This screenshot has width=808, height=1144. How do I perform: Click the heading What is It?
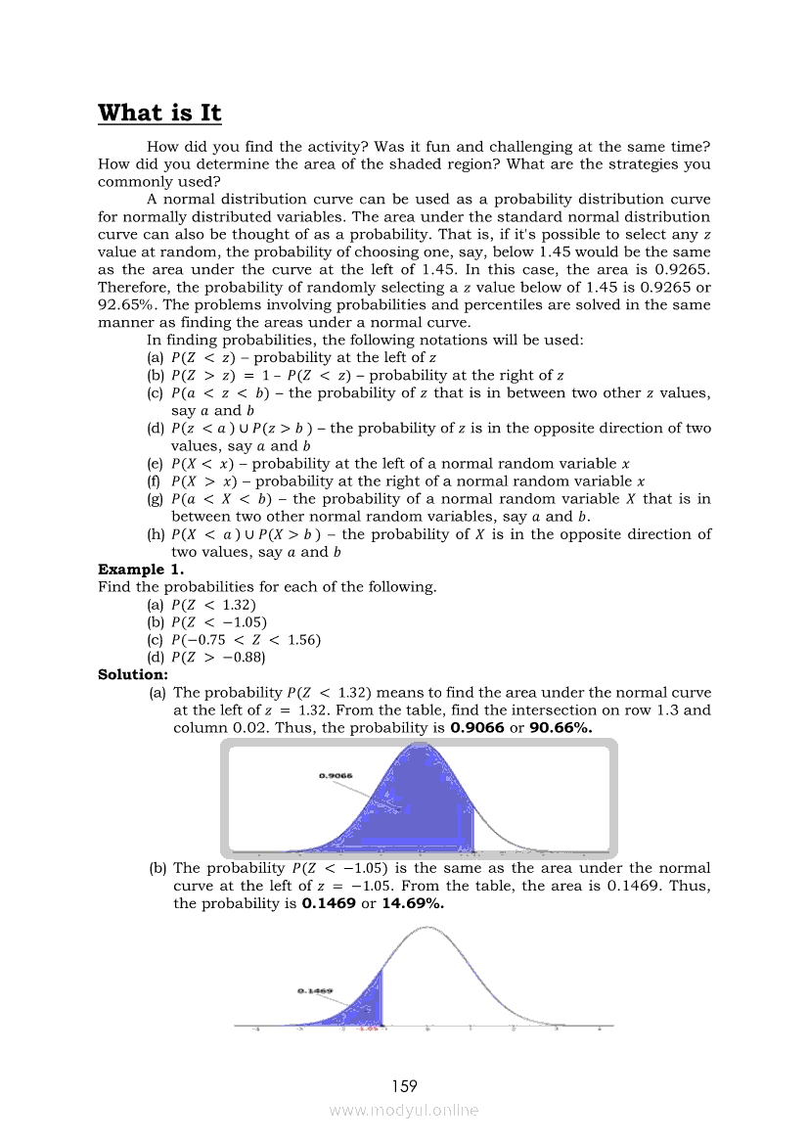click(159, 113)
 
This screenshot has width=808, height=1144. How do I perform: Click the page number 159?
click(404, 1085)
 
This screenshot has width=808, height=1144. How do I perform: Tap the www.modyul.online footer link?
click(404, 1110)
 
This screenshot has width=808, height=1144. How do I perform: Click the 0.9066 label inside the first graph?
click(336, 776)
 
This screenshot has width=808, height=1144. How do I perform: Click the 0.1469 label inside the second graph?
click(315, 990)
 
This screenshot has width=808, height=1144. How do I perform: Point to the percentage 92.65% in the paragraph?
click(126, 304)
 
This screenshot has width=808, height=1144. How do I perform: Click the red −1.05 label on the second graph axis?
click(368, 1029)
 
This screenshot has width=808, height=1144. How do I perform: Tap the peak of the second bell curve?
click(426, 926)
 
